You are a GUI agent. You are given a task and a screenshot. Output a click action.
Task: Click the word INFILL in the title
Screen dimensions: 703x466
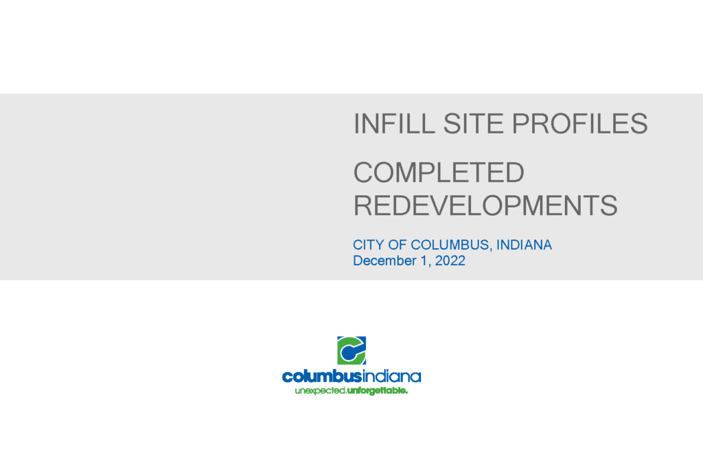[394, 124]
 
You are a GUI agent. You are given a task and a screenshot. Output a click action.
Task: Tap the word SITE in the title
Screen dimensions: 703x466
[473, 124]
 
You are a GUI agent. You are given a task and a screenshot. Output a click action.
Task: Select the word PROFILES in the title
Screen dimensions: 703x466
[579, 124]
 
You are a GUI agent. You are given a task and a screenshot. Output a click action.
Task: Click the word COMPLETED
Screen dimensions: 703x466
[439, 173]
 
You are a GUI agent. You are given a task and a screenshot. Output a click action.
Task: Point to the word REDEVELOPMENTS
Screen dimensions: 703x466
[485, 206]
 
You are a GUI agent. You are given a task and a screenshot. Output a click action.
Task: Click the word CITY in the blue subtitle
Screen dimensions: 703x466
[368, 245]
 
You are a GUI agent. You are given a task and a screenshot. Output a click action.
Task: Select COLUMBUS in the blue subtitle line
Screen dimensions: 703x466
[450, 245]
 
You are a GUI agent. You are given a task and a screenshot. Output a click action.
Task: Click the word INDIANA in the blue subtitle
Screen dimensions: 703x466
[524, 245]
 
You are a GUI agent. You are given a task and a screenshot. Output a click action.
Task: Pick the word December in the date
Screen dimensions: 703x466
[384, 260]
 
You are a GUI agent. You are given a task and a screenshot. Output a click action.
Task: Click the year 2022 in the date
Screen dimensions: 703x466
[450, 260]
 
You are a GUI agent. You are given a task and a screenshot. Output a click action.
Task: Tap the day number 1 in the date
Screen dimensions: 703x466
[424, 260]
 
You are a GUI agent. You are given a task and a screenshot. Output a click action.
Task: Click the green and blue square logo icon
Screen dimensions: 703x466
[351, 350]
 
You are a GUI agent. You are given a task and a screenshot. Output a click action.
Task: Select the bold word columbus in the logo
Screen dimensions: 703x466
[322, 376]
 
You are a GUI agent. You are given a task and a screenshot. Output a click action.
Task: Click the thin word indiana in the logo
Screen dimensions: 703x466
[391, 376]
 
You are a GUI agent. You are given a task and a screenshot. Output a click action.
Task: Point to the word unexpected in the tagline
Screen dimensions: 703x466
[320, 391]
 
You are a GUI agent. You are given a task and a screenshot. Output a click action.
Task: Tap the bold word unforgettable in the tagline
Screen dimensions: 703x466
[378, 391]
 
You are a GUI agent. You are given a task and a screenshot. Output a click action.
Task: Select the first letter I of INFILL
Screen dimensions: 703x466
[356, 124]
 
